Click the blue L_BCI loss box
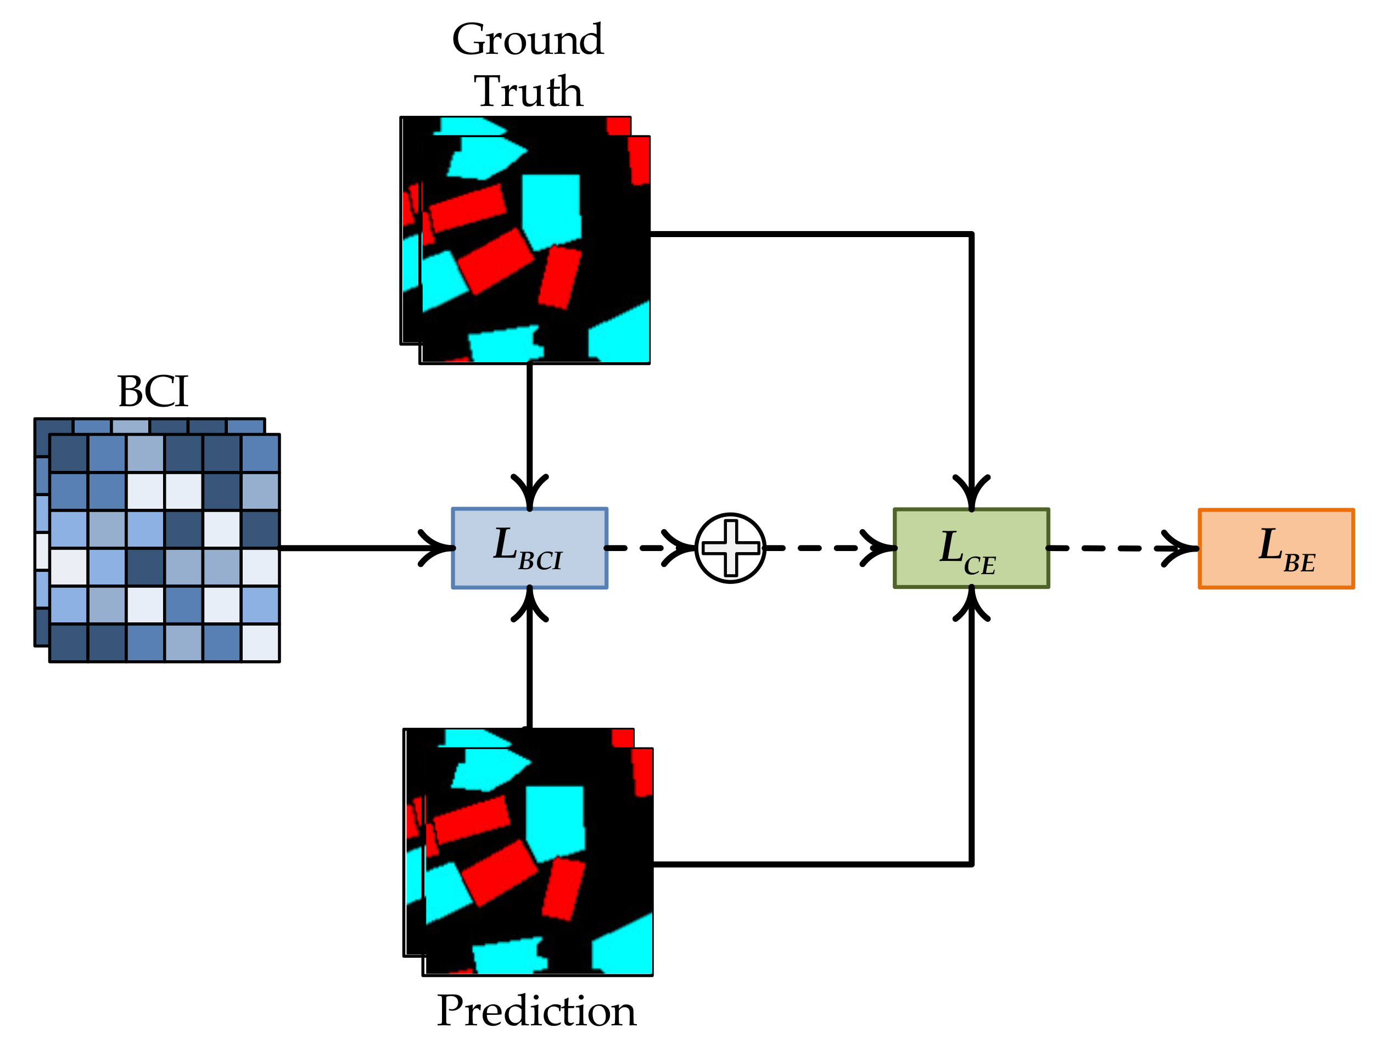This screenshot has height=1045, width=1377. point(529,548)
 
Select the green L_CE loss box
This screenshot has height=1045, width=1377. point(971,548)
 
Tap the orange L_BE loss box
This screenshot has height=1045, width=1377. point(1276,548)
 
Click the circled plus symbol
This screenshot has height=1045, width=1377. point(730,548)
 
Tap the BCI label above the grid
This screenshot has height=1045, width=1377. point(153,391)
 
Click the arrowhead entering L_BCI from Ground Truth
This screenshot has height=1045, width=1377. point(529,496)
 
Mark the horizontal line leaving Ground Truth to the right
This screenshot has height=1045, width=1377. point(809,234)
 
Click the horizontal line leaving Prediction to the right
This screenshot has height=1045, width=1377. point(809,864)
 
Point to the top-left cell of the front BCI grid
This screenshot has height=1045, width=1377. point(69,453)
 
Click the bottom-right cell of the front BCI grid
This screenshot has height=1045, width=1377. point(260,642)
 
